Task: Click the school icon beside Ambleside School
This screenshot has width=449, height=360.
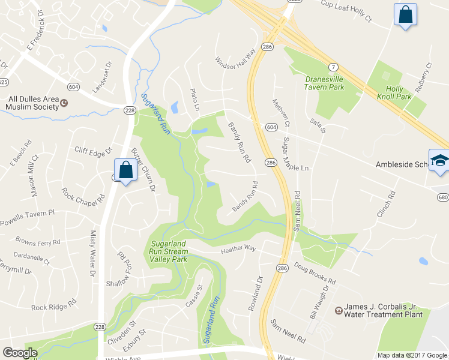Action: pyautogui.click(x=439, y=161)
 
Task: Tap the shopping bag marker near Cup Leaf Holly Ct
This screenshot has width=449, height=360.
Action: pyautogui.click(x=405, y=14)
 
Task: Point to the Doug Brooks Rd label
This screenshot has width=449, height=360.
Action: pyautogui.click(x=315, y=273)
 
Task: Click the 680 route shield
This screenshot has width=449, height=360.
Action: pyautogui.click(x=443, y=197)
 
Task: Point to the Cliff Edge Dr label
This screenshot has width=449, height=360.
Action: pyautogui.click(x=93, y=150)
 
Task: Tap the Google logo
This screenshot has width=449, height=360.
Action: pyautogui.click(x=20, y=353)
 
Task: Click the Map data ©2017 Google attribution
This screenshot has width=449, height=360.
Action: pyautogui.click(x=411, y=355)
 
